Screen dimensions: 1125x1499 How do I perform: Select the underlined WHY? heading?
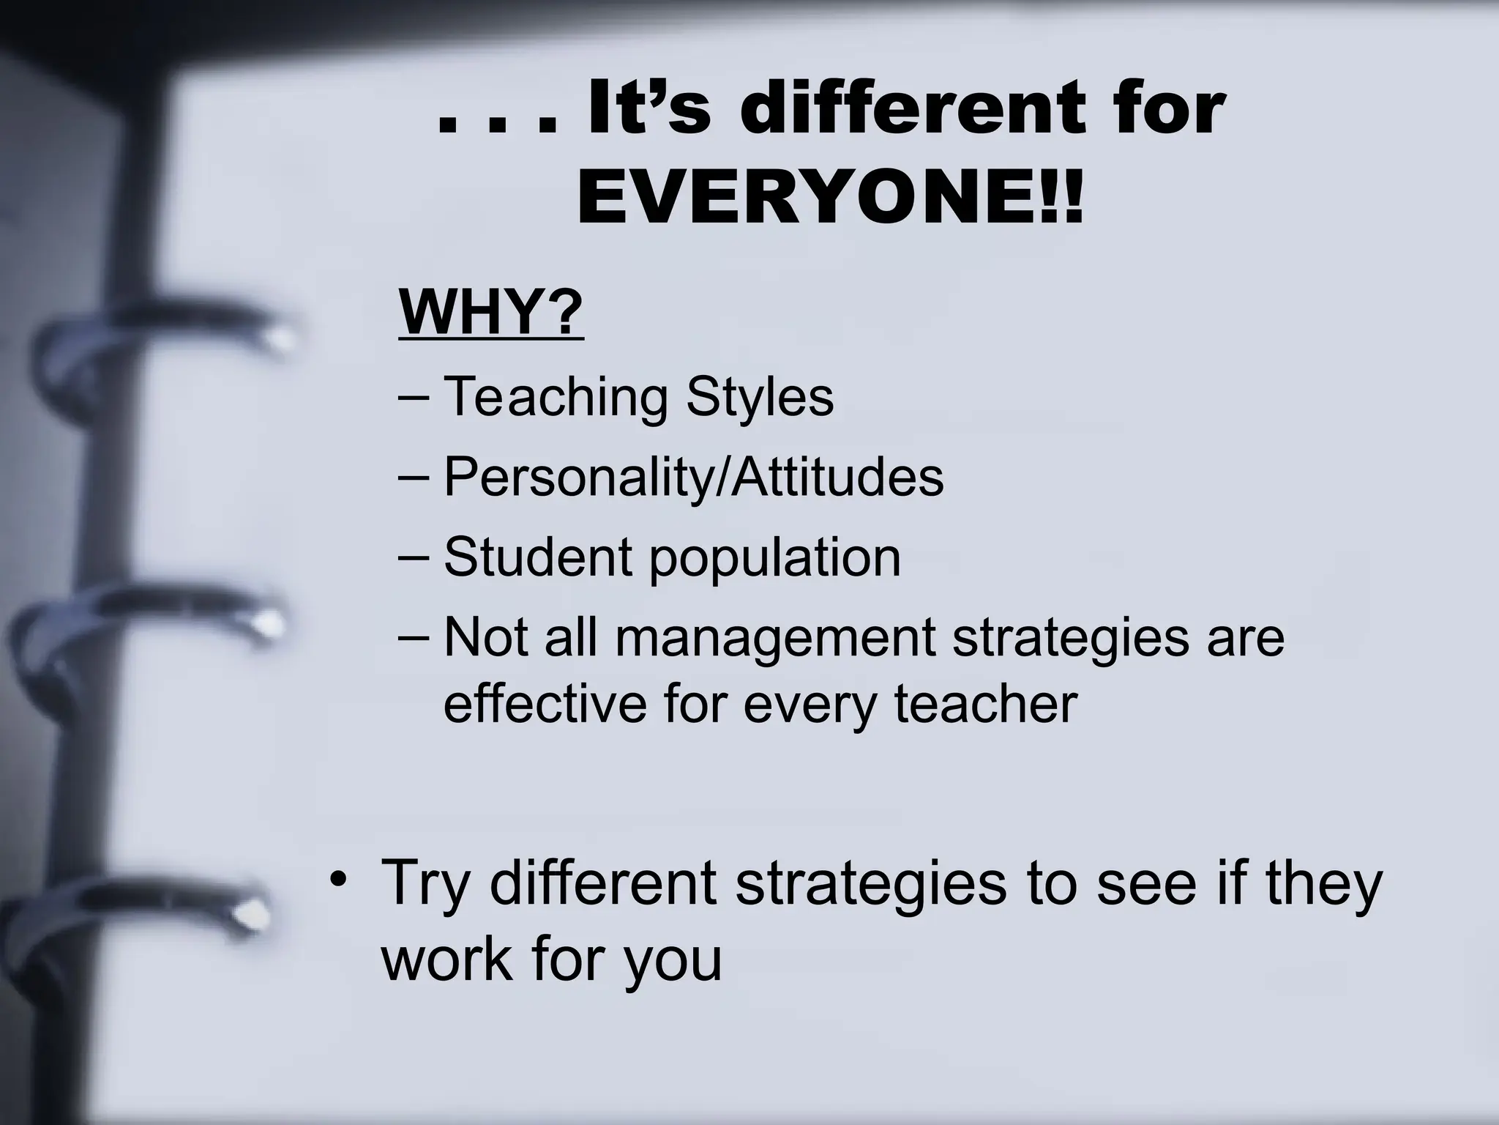point(491,313)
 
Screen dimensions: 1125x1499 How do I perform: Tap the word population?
point(774,559)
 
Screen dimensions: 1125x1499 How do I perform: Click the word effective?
point(545,704)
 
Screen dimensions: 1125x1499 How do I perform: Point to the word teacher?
point(985,704)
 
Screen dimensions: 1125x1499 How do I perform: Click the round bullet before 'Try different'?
point(337,879)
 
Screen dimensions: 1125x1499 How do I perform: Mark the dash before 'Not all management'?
point(415,639)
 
